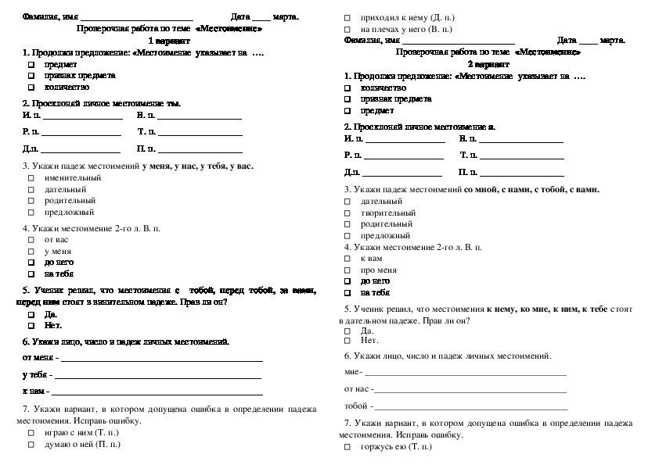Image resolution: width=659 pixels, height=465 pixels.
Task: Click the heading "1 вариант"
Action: pos(168,40)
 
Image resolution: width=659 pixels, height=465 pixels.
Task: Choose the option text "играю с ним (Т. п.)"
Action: pos(81,431)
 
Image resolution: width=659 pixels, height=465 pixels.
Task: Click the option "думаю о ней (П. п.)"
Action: pos(82,444)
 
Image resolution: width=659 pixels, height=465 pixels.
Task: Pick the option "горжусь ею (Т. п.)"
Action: pos(396,448)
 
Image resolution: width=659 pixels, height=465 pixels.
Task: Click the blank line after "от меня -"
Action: pos(161,360)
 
